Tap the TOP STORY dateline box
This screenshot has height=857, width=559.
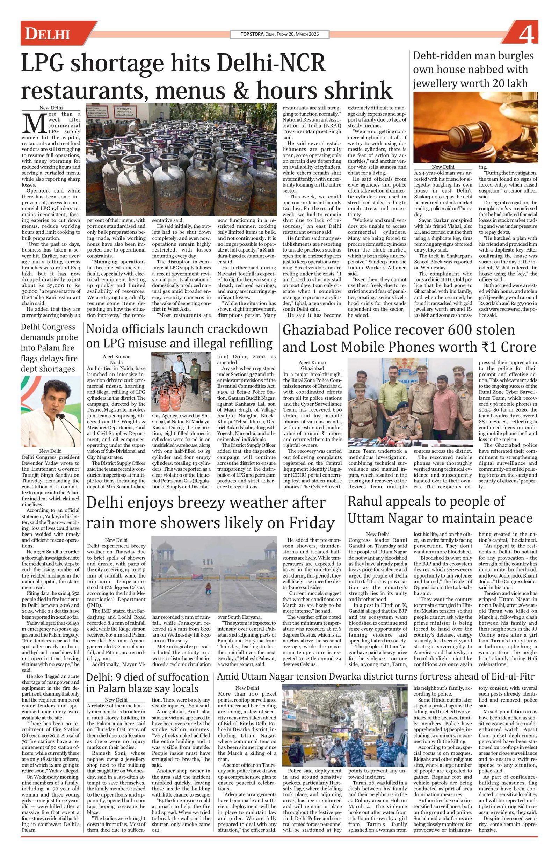(x=279, y=34)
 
